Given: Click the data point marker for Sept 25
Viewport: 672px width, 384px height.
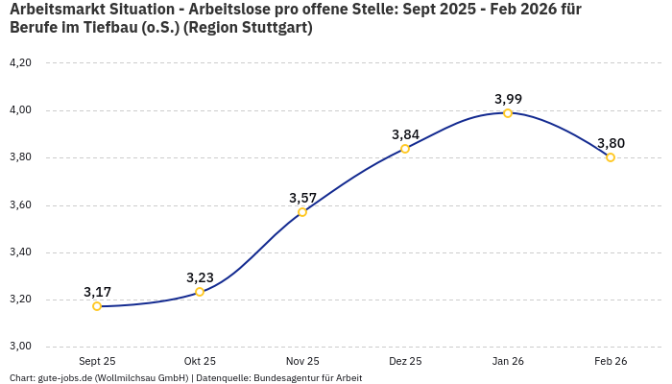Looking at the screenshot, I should (97, 306).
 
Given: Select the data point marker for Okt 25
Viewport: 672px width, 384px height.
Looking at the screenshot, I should (200, 292).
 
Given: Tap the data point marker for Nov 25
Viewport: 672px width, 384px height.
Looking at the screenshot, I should (302, 212).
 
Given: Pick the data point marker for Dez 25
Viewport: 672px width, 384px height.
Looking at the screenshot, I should (405, 149).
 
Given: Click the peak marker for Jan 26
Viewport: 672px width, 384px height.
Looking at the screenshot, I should (508, 113).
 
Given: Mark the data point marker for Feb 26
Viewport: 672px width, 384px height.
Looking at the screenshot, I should (611, 157).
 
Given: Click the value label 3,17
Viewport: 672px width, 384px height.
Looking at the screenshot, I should (97, 292).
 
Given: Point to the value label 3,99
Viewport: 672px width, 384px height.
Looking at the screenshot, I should (508, 99).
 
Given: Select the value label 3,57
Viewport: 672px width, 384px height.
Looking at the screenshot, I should (302, 198).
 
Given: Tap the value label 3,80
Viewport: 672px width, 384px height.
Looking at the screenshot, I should (611, 143).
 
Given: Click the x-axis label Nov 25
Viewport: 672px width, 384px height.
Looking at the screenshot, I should (302, 361).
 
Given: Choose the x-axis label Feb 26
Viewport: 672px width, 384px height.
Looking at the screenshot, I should (611, 361).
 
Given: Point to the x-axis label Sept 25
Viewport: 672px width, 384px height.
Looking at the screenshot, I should (97, 361).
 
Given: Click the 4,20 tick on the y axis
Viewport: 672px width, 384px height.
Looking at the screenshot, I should (20, 63).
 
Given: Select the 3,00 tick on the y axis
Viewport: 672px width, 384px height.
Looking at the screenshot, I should (20, 347).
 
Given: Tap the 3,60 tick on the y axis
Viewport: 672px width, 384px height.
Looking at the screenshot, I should (20, 205).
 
